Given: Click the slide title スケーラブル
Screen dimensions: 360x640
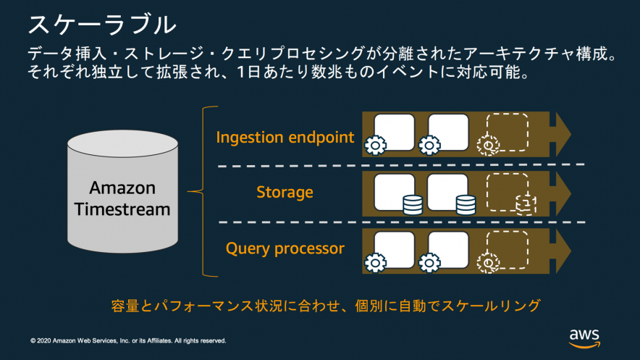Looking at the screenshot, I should click(x=101, y=24).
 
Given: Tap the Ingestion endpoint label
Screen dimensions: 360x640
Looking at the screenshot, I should click(x=285, y=137).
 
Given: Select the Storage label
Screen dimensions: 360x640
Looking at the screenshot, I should click(x=285, y=192).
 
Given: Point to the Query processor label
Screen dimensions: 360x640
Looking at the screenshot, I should click(x=285, y=248).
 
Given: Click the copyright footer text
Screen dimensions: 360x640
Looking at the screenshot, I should click(x=128, y=340).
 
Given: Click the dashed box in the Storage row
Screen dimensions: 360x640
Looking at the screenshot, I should click(x=507, y=191).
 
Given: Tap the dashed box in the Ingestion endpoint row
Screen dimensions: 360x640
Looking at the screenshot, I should click(x=507, y=132).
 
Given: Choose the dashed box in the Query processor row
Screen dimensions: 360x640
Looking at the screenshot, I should click(x=507, y=249).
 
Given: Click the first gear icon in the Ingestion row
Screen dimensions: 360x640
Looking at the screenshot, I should click(x=375, y=145).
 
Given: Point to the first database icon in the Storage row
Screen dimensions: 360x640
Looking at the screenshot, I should click(x=412, y=205).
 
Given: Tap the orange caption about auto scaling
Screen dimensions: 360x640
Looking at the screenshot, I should click(x=326, y=305).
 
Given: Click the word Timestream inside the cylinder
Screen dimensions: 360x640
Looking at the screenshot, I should click(x=122, y=209).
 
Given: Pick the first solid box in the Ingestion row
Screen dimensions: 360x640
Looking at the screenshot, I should click(x=395, y=131).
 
